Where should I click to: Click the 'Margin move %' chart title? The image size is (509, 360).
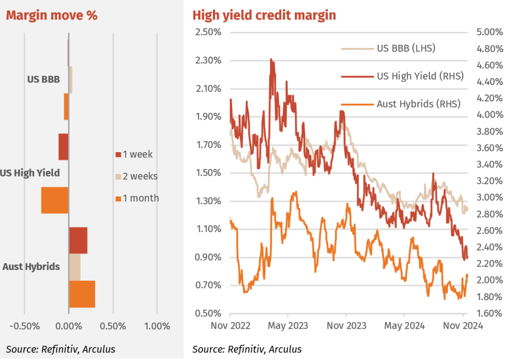[x=51, y=15]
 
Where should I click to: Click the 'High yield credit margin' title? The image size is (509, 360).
[x=264, y=15]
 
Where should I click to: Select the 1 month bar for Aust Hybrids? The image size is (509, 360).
[x=82, y=294]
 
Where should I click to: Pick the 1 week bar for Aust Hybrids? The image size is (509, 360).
[x=78, y=240]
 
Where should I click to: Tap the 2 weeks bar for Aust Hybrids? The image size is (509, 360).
[x=75, y=267]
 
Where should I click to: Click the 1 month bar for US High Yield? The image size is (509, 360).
[x=55, y=200]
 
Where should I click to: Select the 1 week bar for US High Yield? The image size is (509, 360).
[x=63, y=147]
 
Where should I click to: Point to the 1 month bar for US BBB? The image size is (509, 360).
[x=66, y=106]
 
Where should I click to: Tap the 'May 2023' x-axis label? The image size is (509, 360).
[x=288, y=326]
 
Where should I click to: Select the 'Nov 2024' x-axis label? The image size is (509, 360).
[x=463, y=326]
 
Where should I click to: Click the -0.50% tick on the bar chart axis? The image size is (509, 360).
[x=25, y=326]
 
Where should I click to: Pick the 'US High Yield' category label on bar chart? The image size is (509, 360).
[x=30, y=174]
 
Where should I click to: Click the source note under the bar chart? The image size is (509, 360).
[x=60, y=349]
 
